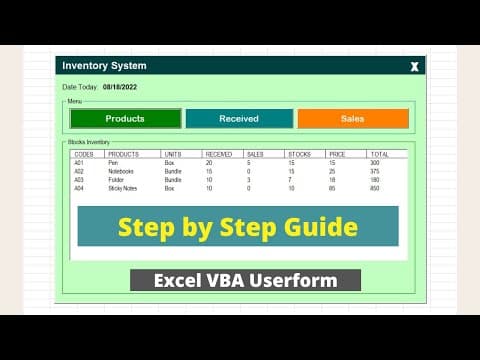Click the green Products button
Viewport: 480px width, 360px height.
125,119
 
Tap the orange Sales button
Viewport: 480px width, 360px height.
353,119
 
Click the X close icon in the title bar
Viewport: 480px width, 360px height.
415,67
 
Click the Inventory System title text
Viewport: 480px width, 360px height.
104,66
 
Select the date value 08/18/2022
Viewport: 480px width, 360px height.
121,87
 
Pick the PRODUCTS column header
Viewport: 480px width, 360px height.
123,154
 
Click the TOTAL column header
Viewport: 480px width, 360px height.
379,154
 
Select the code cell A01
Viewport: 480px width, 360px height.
80,162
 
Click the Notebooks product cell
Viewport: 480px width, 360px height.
122,171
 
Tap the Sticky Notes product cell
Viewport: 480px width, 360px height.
124,188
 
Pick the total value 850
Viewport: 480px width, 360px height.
374,188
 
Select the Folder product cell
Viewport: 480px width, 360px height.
117,179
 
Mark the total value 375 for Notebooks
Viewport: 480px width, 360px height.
374,171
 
